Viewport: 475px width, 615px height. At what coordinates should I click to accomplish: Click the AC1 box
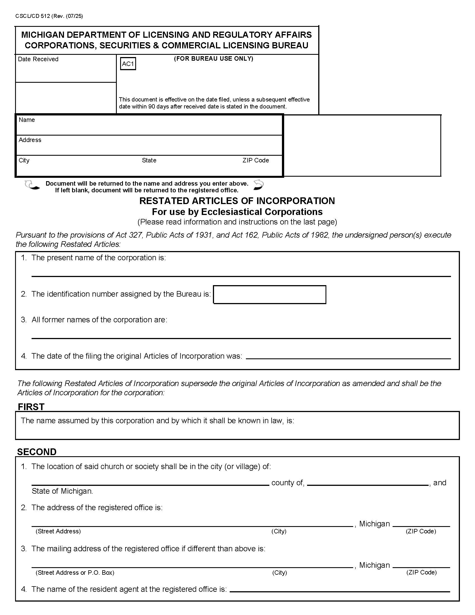tap(128, 64)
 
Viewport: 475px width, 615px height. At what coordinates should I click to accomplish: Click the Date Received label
tap(38, 59)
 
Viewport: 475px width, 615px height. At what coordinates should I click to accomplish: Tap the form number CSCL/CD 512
tap(33, 16)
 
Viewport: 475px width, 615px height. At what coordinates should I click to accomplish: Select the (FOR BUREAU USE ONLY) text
tap(213, 59)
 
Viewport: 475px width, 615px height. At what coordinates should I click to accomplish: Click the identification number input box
tap(269, 295)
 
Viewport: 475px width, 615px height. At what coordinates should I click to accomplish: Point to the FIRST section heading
tap(31, 407)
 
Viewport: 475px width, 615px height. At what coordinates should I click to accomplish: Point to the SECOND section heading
tap(37, 452)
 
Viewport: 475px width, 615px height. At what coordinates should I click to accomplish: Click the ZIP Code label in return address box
tap(255, 160)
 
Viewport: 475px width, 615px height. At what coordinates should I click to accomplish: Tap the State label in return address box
tap(149, 160)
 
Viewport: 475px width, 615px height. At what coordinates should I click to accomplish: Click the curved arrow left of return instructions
tap(32, 185)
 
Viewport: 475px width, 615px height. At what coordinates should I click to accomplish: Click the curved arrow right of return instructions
tap(258, 185)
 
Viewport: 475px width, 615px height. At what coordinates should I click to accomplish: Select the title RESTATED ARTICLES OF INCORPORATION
tap(237, 201)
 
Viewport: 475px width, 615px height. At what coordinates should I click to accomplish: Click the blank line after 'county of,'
tap(367, 483)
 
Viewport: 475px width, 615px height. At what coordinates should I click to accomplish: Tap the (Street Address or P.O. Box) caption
tap(75, 573)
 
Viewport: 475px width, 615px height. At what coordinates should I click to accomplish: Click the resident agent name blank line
tap(339, 589)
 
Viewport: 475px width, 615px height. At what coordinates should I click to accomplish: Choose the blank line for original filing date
tap(348, 356)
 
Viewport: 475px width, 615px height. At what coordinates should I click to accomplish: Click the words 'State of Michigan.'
tap(62, 491)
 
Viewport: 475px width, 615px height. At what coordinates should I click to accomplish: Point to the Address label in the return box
tap(30, 140)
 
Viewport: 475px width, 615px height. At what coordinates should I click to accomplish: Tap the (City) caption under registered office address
tap(279, 531)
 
